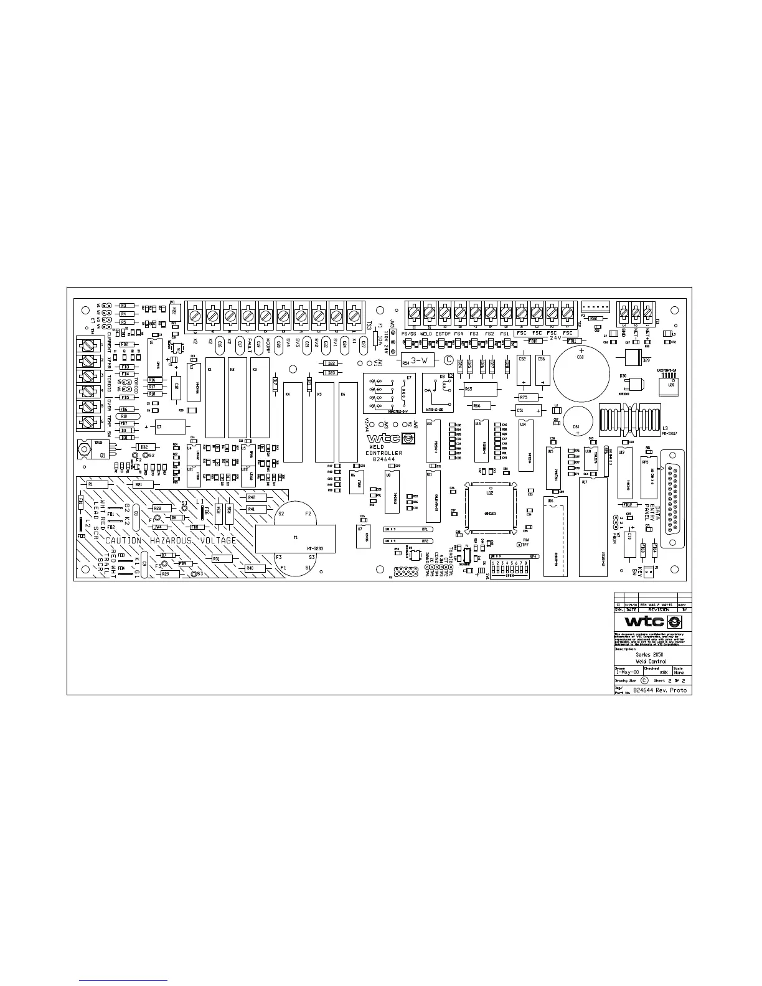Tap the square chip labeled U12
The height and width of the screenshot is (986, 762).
coord(490,509)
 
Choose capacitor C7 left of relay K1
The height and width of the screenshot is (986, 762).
coord(167,427)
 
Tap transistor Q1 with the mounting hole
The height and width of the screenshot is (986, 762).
coord(93,448)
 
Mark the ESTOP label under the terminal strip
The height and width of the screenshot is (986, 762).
coord(443,334)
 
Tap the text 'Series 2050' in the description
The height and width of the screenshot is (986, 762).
coord(651,655)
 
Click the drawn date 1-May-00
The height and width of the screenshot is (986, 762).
coord(626,672)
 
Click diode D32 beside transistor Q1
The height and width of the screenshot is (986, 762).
coord(144,447)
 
